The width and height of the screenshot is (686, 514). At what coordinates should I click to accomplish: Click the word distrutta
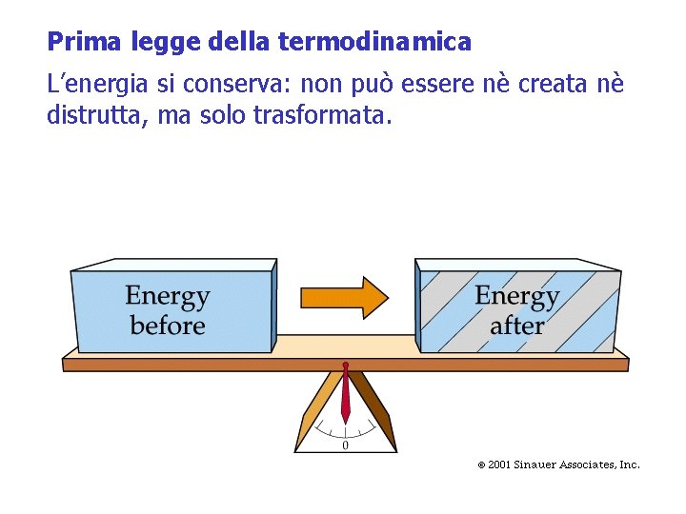(x=94, y=117)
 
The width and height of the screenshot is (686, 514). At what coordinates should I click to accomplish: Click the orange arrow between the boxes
(x=344, y=298)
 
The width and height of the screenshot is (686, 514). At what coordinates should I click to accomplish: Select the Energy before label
(x=168, y=310)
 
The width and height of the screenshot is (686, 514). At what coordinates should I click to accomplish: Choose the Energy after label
(x=516, y=310)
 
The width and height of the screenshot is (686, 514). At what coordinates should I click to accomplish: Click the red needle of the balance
(x=346, y=395)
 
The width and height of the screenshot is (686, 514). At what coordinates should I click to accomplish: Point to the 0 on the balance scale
(x=345, y=445)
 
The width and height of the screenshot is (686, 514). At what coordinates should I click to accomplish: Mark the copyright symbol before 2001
(x=481, y=465)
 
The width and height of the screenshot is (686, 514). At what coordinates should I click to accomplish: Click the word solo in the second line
(x=223, y=117)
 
